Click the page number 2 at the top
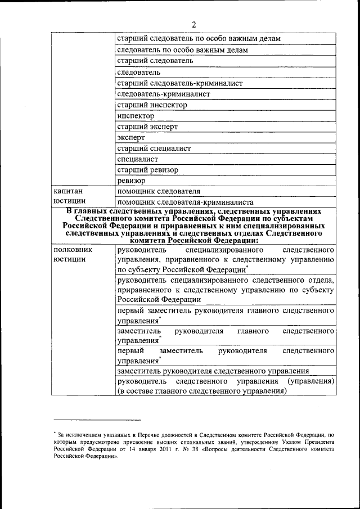pos(193,24)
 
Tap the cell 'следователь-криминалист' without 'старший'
pos(163,94)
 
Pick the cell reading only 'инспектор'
pos(136,116)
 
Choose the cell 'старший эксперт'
pos(147,127)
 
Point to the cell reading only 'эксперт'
pos(131,137)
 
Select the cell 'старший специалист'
pos(154,148)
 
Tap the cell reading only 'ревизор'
pos(132,181)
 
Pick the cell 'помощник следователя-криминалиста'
pos(185,202)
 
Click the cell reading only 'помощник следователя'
pos(159,191)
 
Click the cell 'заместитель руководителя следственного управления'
pos(213,371)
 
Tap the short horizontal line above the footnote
pos(97,420)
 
